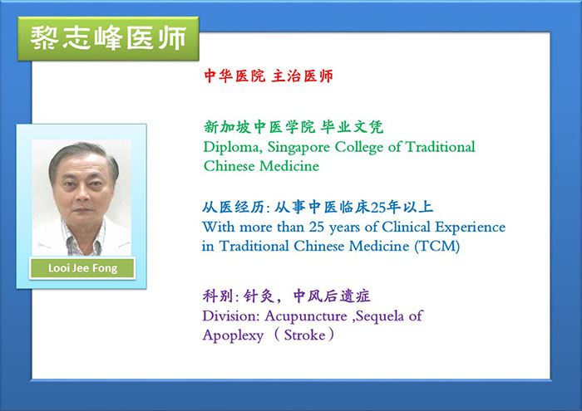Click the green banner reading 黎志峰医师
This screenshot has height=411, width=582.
(x=108, y=38)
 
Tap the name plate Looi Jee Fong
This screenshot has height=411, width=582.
(x=82, y=268)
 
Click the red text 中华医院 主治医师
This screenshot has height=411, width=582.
(x=269, y=76)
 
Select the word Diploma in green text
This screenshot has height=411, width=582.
(x=232, y=148)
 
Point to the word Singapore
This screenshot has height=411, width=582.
(x=298, y=148)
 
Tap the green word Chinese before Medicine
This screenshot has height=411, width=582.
(x=229, y=166)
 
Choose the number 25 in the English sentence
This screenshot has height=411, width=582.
(x=317, y=227)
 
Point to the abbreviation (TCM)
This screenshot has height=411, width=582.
(x=437, y=246)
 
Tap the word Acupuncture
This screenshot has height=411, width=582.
(x=306, y=317)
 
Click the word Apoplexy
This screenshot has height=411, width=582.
(x=233, y=336)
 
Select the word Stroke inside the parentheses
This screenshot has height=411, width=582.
(x=304, y=335)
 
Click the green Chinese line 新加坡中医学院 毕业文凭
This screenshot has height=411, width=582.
(x=293, y=127)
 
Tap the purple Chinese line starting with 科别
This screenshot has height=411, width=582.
(x=286, y=296)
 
